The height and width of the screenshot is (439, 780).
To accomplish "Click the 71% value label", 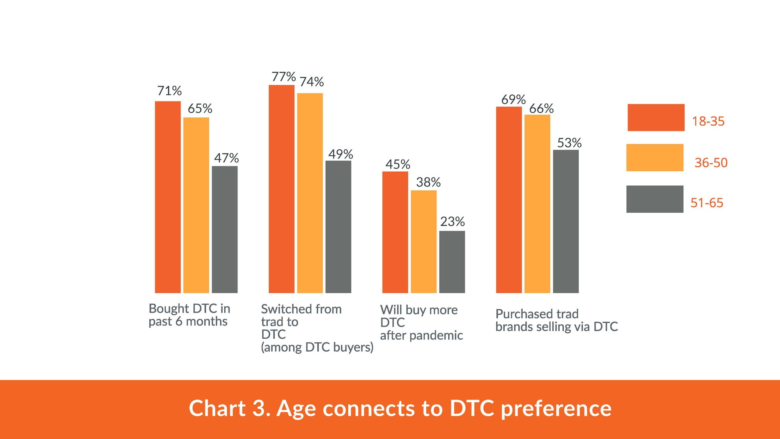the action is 169,91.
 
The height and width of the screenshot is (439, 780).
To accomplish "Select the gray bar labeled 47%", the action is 225,229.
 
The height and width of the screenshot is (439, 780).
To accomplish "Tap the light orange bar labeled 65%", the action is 196,205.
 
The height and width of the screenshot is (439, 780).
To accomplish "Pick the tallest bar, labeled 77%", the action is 282,189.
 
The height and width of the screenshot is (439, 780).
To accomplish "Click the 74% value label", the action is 312,82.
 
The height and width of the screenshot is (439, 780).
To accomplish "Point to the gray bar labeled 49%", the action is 338,227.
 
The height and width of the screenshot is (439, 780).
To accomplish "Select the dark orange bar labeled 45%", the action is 395,232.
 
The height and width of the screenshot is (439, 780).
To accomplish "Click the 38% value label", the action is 428,182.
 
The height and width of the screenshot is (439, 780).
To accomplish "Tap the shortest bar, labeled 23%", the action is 452,262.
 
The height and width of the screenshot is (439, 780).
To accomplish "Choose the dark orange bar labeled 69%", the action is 509,200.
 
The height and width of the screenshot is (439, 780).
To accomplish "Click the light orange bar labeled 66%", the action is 537,204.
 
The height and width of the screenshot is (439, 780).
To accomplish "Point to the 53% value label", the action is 569,143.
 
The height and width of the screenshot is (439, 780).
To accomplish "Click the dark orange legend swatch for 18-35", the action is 656,117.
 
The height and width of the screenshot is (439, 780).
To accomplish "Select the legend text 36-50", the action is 711,162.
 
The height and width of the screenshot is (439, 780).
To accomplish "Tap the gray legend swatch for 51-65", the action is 655,199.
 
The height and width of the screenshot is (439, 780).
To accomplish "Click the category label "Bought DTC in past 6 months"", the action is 190,315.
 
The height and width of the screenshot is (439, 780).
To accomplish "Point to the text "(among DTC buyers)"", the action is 317,347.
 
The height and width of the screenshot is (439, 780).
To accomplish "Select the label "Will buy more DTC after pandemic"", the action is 422,322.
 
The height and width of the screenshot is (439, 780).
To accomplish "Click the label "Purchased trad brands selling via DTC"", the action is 557,320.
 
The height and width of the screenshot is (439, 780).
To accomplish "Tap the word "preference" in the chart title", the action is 556,409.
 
